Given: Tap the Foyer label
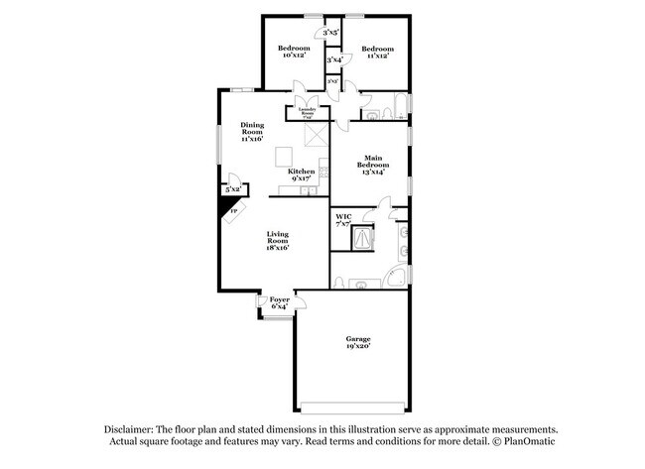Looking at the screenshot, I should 279,301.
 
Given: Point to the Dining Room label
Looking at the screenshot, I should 252,132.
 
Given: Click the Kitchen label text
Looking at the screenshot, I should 302,175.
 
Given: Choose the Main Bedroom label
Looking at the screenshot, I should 373,164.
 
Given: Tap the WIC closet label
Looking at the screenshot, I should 343,220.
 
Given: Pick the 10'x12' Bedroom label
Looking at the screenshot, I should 294,52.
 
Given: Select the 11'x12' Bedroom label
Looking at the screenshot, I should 377,52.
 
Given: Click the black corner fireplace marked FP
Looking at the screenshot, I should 232,209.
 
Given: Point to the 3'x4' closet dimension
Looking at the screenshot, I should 334,60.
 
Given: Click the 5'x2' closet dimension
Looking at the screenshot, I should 233,188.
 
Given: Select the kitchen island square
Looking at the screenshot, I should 285,156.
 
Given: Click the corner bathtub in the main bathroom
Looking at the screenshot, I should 394,278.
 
